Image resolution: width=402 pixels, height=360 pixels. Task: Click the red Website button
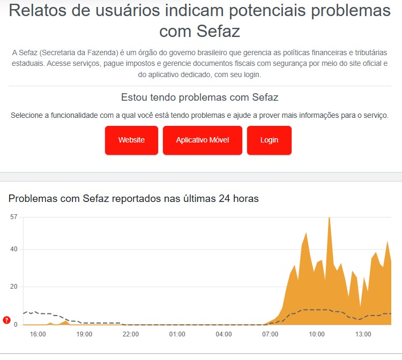(x=131, y=140)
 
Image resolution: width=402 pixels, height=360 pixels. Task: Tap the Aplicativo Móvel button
(x=202, y=140)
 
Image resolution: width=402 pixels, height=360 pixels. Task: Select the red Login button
(x=269, y=140)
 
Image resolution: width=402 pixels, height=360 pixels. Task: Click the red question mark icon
(x=6, y=320)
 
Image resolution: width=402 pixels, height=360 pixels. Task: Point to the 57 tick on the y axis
(x=14, y=217)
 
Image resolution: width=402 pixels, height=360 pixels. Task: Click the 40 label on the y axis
(x=14, y=249)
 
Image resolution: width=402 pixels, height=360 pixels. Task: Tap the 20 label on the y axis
(x=14, y=287)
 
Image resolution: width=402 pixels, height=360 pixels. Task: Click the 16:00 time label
(x=38, y=334)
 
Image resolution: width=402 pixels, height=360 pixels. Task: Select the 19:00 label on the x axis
(x=84, y=334)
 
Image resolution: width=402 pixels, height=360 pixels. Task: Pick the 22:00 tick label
(x=131, y=334)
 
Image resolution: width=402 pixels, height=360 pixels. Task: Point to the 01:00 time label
(x=177, y=334)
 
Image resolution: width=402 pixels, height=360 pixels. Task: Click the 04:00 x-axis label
(x=224, y=334)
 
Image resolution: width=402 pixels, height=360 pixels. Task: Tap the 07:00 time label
(x=270, y=334)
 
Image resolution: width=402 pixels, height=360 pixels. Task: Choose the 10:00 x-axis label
(x=317, y=334)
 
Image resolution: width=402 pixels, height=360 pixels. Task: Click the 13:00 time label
(x=363, y=334)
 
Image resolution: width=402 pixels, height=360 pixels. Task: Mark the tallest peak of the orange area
(x=329, y=218)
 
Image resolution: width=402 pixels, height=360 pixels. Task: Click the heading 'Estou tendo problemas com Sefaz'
(x=200, y=97)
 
